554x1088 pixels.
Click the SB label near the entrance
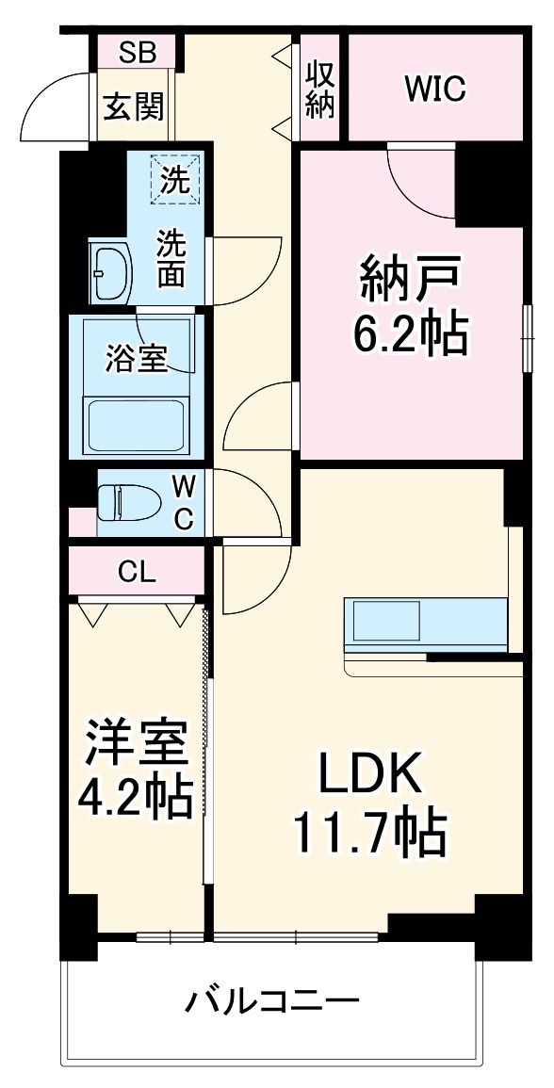(x=138, y=52)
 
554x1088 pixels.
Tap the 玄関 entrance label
(x=134, y=106)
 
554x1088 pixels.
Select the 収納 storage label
(x=320, y=90)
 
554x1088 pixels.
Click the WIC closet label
(x=435, y=89)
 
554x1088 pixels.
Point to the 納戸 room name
(x=411, y=280)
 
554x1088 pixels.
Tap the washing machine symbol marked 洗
(x=173, y=178)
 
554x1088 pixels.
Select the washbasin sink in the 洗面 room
(x=111, y=272)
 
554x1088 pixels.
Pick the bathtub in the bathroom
(x=138, y=423)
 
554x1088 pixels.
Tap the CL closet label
(x=137, y=571)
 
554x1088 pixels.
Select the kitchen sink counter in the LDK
(x=385, y=621)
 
